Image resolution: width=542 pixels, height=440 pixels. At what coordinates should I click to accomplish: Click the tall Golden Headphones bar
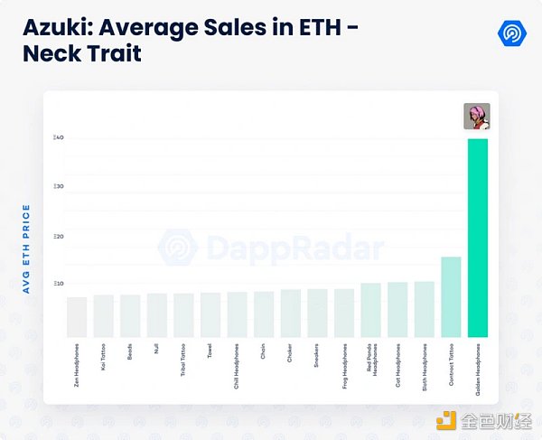point(477,238)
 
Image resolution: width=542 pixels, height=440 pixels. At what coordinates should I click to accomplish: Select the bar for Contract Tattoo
point(451,296)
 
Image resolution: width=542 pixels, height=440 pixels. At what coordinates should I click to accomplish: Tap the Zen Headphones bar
point(77,316)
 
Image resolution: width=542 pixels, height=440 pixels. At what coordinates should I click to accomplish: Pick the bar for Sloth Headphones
point(424,309)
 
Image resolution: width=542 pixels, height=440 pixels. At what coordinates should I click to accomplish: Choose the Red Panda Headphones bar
point(370,310)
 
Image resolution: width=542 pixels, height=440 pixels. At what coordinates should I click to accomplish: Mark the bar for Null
point(157,314)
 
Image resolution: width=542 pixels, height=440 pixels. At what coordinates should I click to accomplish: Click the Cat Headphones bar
point(397,309)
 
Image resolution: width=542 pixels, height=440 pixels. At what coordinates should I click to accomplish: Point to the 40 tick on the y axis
point(58,137)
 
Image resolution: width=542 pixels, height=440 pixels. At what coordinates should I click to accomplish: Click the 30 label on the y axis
point(58,186)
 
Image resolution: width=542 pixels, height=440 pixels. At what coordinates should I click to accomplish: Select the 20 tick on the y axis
point(58,236)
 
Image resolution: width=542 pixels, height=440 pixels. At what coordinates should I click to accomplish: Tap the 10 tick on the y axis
point(58,284)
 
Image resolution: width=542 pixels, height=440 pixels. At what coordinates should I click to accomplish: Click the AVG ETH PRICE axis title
point(26,248)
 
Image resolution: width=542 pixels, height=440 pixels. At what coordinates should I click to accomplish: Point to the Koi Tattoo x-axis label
point(104,357)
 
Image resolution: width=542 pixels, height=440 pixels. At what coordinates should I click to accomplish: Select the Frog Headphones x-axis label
point(344,364)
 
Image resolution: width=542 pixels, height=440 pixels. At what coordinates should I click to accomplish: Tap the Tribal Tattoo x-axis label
point(183,360)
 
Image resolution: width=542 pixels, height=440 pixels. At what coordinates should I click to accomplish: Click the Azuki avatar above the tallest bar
point(477,116)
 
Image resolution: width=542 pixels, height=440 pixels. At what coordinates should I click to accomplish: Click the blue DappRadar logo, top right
point(512,33)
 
